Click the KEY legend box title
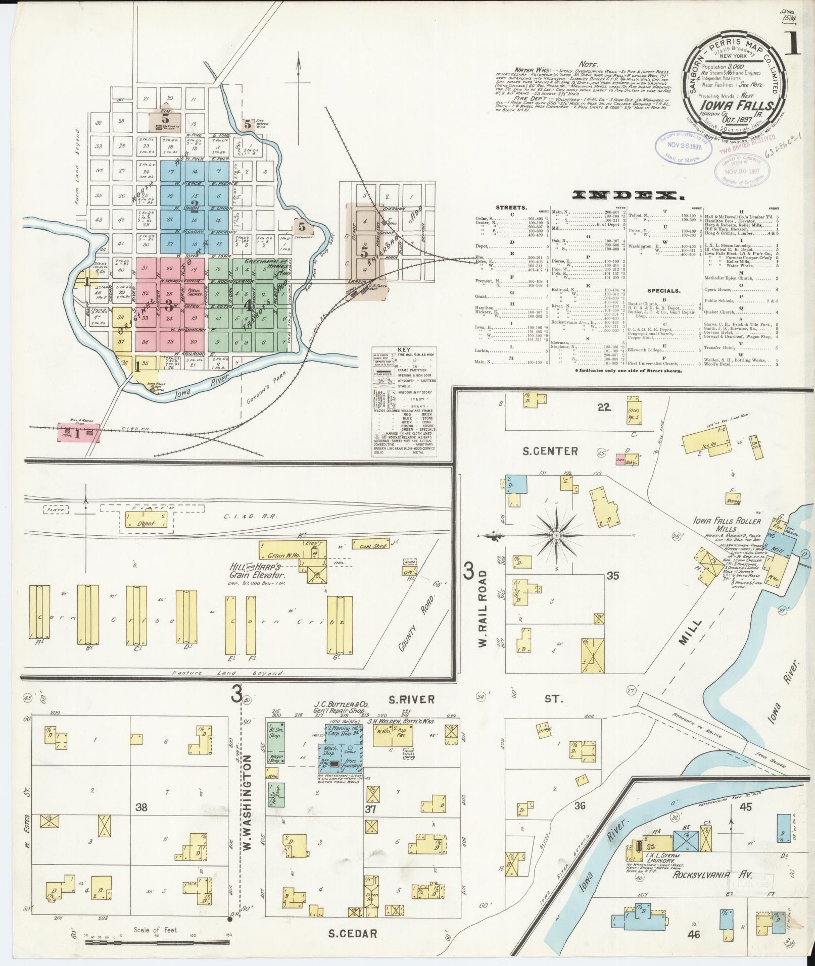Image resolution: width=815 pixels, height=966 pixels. [x=404, y=349]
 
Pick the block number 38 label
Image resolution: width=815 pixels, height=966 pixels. [x=141, y=807]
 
